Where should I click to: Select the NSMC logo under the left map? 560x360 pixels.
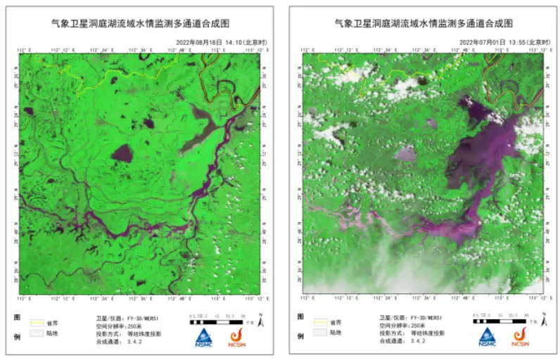[205, 337]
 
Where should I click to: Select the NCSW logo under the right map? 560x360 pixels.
[521, 337]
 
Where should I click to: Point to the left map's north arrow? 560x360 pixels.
[261, 321]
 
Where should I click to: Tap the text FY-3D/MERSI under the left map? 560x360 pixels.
[144, 318]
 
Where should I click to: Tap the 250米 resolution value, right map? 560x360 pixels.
[416, 326]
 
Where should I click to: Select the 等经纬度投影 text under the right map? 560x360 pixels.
[428, 333]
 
